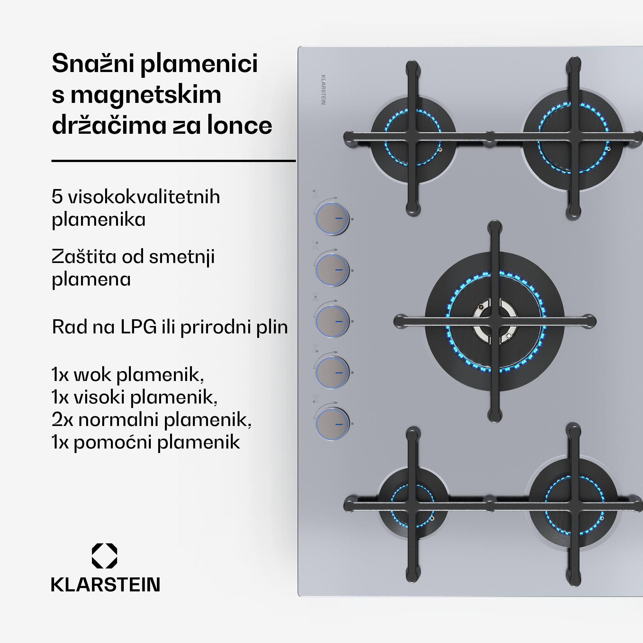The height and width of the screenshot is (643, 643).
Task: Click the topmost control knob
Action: click(x=331, y=219)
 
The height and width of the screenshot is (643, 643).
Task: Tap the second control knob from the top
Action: click(x=331, y=270)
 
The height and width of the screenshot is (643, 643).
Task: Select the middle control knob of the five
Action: click(x=331, y=321)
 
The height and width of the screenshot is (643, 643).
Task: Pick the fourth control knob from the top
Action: click(x=331, y=372)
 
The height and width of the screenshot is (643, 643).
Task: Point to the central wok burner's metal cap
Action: click(x=495, y=321)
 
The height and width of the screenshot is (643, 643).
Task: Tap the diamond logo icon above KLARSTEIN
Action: click(x=104, y=556)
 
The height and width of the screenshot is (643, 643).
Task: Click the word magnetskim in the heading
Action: click(x=146, y=95)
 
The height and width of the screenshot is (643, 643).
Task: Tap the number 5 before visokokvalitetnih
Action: click(x=57, y=197)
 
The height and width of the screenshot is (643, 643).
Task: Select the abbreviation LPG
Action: click(x=139, y=327)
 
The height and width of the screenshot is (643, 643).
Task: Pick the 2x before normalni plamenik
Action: click(x=62, y=420)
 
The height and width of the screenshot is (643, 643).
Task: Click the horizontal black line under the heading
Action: click(x=173, y=161)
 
